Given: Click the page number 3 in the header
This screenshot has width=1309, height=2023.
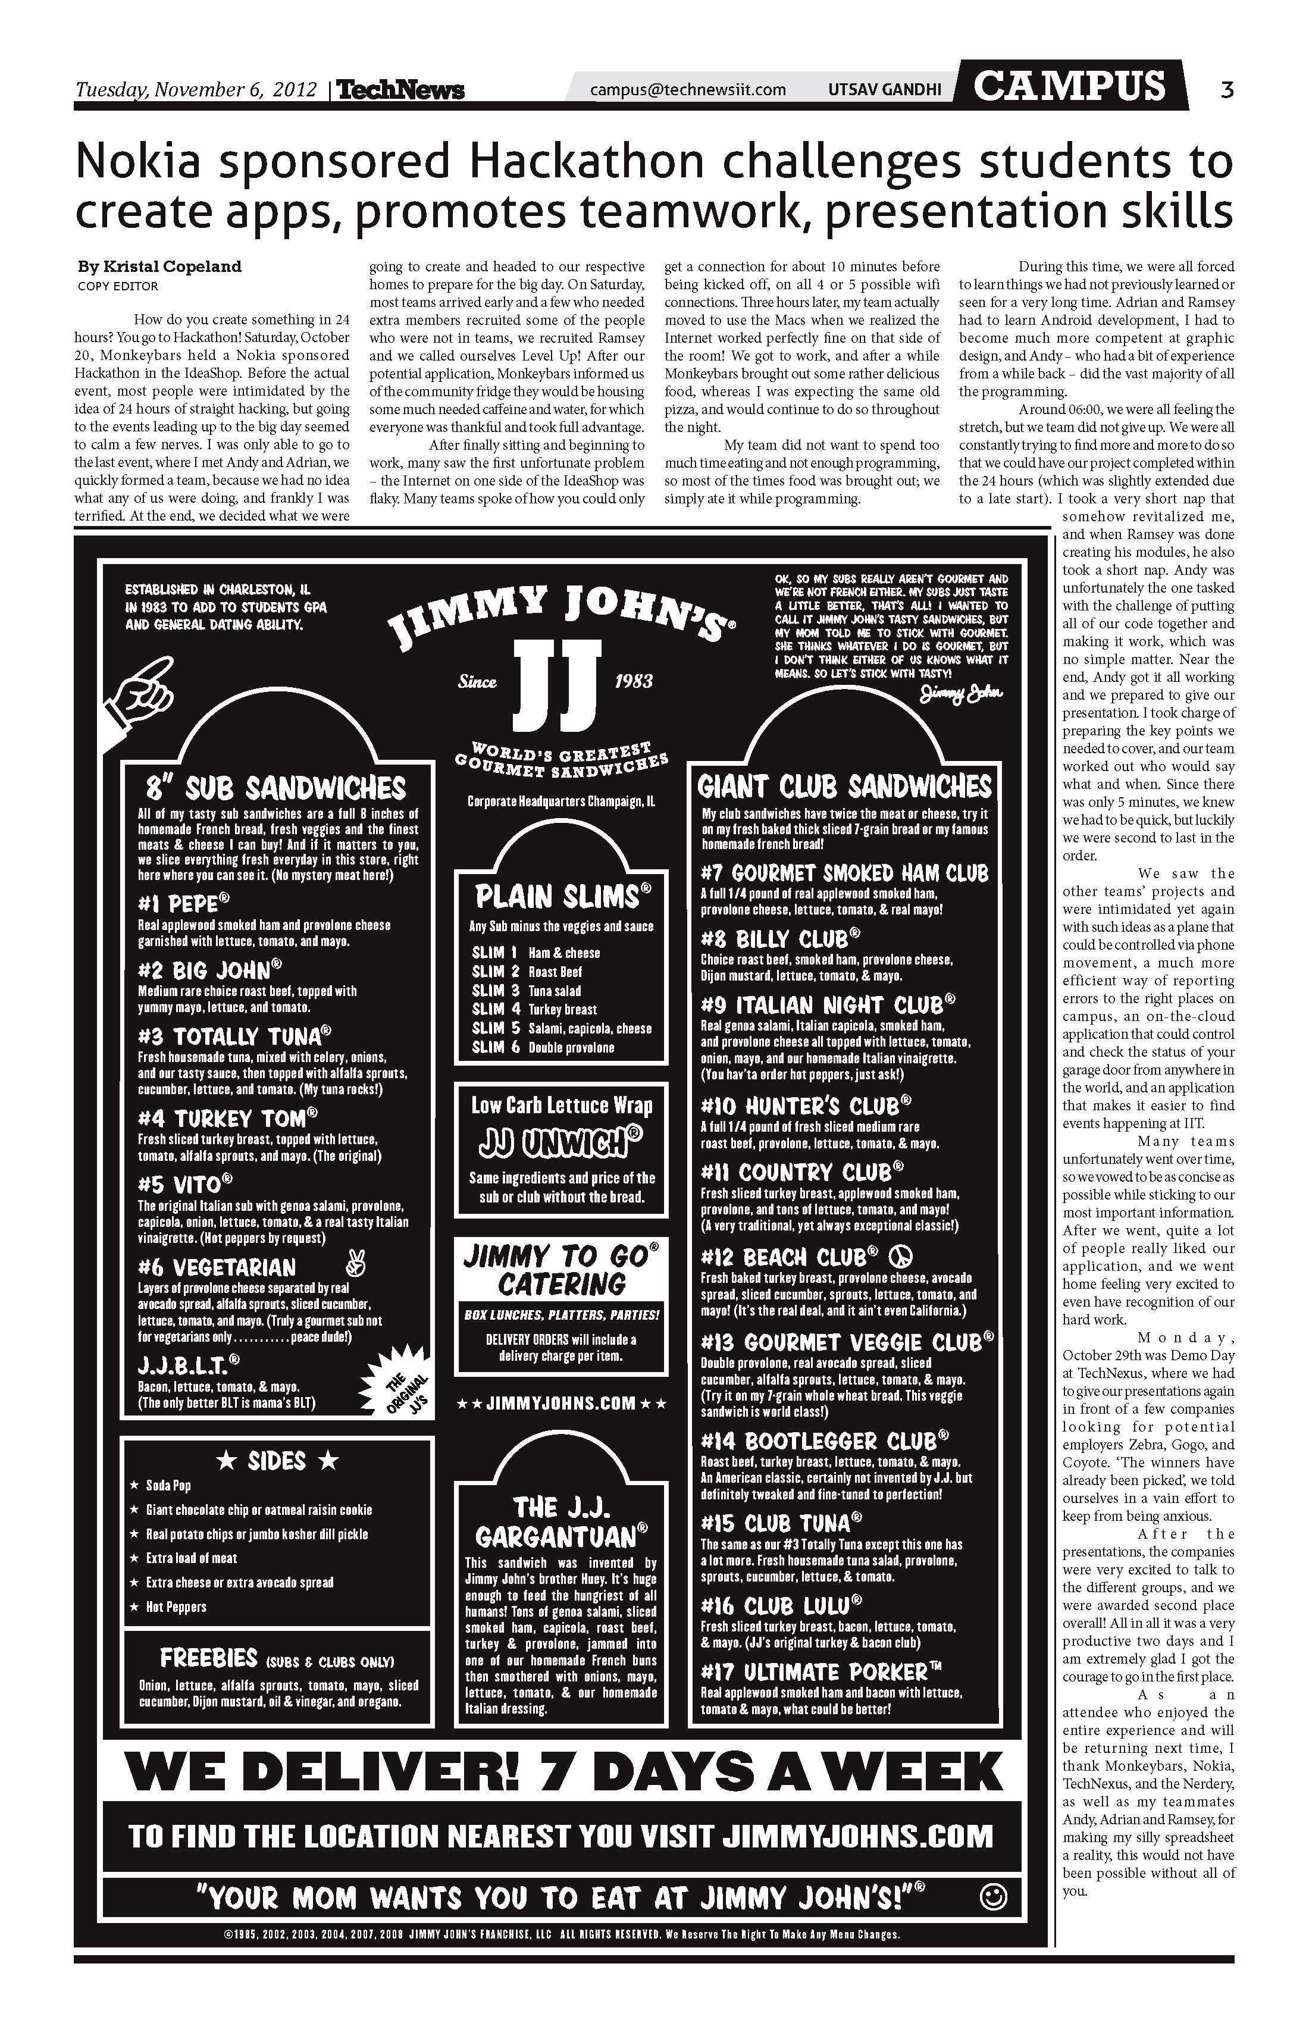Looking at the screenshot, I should [x=1226, y=89].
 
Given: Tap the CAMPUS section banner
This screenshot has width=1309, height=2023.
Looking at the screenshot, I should [x=1069, y=86].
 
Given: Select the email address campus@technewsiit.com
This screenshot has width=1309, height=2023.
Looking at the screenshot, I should [x=688, y=89].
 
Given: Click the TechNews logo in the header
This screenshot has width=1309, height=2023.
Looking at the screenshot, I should [x=400, y=90].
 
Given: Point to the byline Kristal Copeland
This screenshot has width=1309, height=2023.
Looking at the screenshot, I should [x=160, y=266].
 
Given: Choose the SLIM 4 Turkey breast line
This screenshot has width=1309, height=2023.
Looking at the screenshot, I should [x=534, y=1009].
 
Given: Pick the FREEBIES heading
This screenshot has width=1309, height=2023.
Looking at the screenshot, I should [x=208, y=1658].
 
